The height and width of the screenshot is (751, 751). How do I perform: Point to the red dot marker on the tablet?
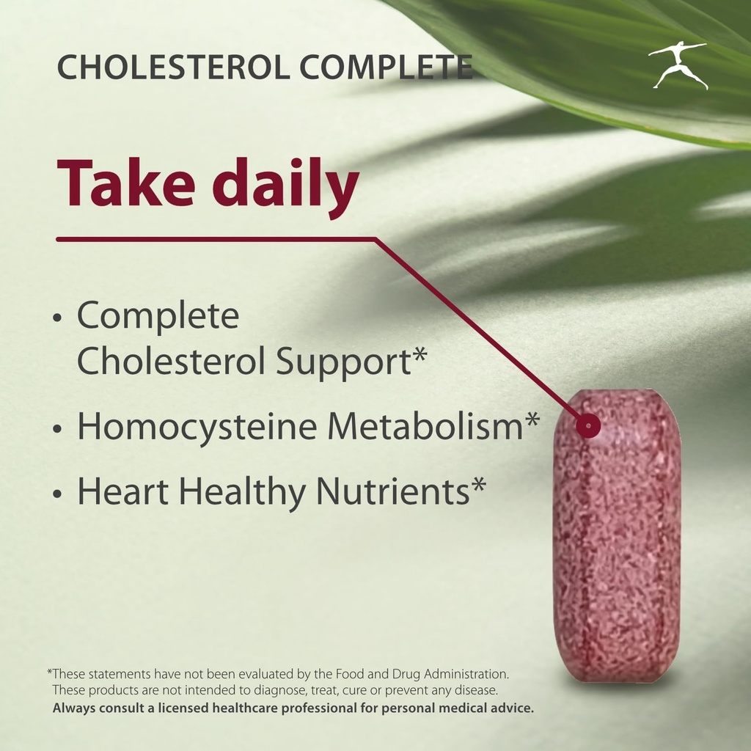[x=588, y=425]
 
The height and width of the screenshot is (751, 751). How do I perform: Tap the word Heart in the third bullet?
[x=123, y=492]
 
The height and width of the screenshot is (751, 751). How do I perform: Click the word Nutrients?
[x=392, y=492]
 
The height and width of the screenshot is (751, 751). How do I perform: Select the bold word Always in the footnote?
[x=74, y=708]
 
